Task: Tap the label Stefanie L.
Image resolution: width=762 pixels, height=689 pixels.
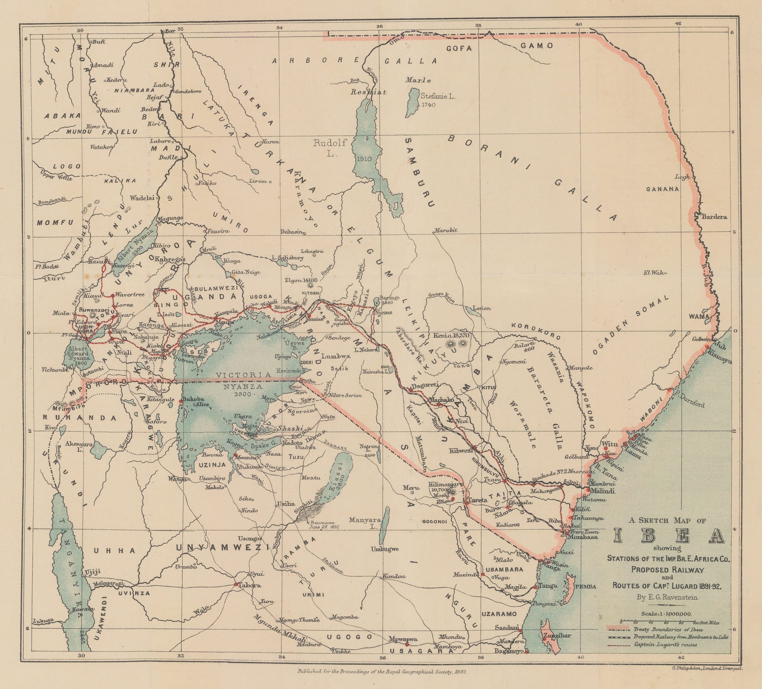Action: point(438,97)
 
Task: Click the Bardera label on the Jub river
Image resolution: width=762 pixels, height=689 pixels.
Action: point(714,217)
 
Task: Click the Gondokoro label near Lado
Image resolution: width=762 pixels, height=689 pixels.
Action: point(188,91)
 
